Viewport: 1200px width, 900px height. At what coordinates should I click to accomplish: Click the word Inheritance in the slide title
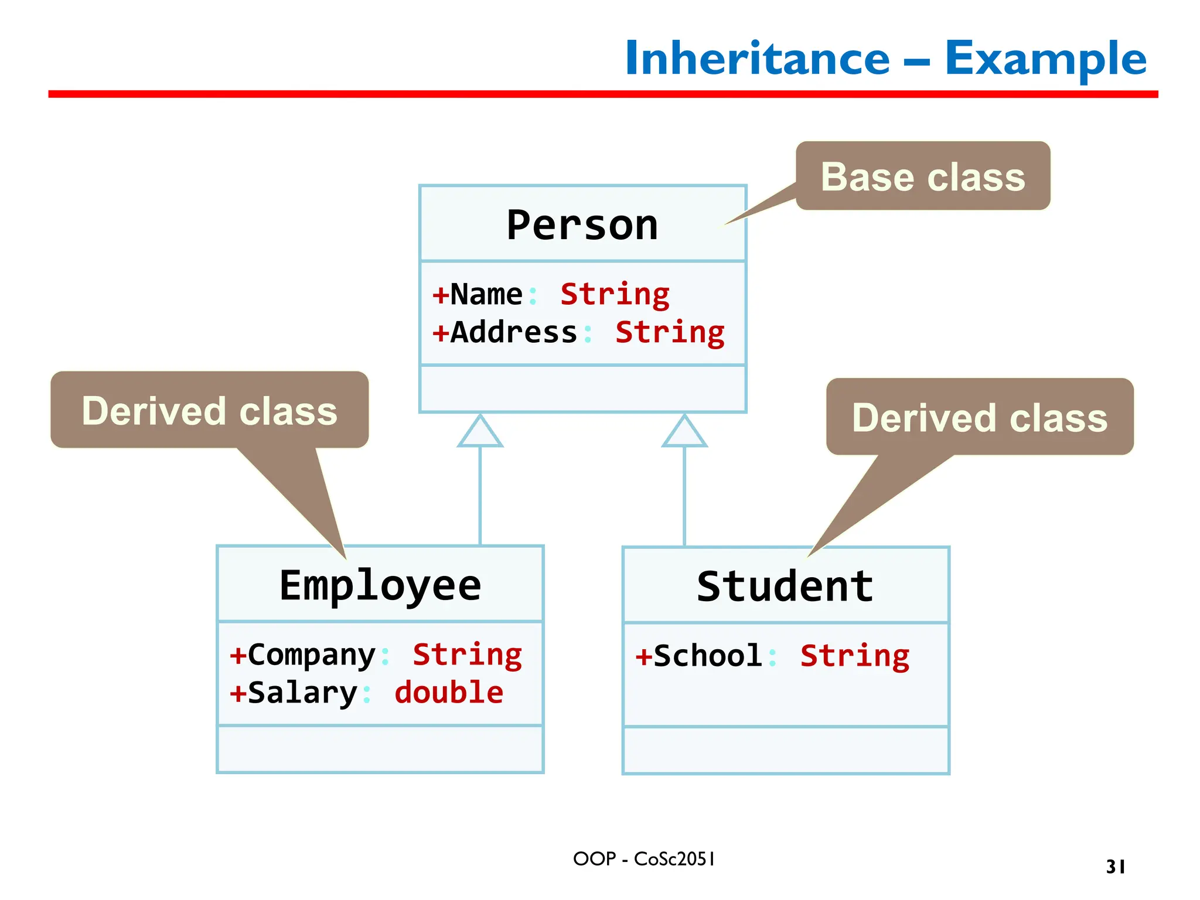click(757, 59)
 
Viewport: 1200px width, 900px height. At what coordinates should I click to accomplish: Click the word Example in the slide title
click(1045, 59)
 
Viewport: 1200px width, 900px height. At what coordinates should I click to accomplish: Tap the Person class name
click(582, 225)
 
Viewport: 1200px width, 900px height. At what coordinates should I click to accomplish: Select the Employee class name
click(380, 585)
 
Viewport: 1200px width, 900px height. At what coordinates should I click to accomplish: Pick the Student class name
click(785, 587)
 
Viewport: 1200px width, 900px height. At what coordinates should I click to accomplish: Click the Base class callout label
click(923, 177)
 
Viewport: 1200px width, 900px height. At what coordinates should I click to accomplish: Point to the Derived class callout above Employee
click(210, 411)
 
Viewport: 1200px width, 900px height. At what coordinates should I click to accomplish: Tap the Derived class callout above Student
click(980, 418)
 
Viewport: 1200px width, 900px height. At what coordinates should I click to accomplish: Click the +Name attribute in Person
click(478, 294)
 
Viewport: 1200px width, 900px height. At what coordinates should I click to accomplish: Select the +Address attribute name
click(505, 332)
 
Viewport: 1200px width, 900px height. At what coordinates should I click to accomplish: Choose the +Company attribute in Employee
click(302, 655)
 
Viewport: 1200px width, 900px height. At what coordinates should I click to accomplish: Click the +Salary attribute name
click(294, 693)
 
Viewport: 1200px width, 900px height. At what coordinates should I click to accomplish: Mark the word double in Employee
click(449, 693)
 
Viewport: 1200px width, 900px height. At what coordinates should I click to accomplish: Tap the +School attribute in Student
click(699, 656)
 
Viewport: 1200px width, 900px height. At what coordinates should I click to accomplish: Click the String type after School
click(855, 656)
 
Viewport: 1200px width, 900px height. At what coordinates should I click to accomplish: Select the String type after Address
click(670, 333)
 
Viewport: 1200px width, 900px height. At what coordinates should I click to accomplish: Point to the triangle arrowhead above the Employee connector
click(480, 432)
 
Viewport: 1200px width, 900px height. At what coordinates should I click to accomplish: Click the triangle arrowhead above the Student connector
click(684, 432)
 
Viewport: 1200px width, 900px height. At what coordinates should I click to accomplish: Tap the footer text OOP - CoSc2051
click(644, 859)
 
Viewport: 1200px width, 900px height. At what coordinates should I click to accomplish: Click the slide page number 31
click(1116, 867)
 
